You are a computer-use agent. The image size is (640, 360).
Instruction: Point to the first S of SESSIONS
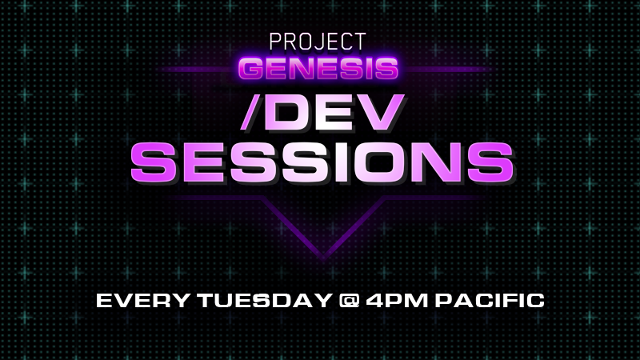(153, 161)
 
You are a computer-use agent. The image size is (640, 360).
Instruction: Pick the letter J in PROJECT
(324, 41)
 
